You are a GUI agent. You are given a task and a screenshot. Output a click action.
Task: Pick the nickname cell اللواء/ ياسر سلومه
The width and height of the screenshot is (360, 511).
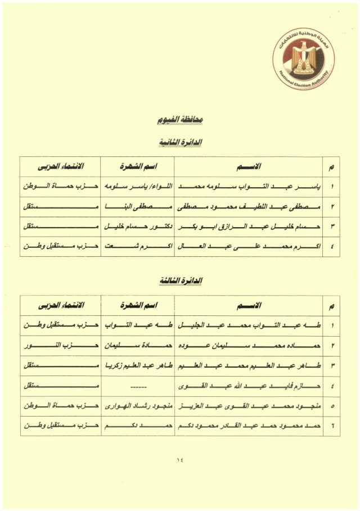[x=137, y=186]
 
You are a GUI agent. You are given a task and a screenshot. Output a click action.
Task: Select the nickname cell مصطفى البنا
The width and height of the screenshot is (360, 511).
[x=137, y=206]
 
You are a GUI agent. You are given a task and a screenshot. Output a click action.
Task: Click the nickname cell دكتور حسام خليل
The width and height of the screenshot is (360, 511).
[x=137, y=227]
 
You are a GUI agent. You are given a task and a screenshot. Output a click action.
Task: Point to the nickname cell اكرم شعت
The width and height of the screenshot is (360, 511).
[x=137, y=246]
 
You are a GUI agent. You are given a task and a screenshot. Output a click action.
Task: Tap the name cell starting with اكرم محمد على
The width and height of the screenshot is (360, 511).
[x=249, y=246]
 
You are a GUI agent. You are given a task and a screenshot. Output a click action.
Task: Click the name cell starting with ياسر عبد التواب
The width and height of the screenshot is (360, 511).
[x=249, y=186]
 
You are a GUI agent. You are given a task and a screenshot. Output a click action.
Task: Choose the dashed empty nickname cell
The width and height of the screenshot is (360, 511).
[x=137, y=386]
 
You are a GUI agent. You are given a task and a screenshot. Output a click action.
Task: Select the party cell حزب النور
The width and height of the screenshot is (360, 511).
[x=61, y=345]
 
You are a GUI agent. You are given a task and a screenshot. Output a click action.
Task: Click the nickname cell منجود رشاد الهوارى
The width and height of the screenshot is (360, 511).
[x=137, y=406]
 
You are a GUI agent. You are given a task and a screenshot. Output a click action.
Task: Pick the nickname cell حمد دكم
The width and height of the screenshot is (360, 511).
[x=137, y=426]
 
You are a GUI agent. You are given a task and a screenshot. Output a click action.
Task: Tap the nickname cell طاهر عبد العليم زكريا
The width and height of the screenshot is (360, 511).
[x=137, y=366]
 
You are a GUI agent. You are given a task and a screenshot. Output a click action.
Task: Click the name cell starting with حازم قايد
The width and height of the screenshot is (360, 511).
[x=249, y=386]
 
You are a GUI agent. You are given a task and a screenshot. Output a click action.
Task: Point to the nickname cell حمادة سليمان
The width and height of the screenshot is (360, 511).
[x=137, y=345]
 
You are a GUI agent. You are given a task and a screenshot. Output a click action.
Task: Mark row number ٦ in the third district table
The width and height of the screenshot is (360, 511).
[x=332, y=426]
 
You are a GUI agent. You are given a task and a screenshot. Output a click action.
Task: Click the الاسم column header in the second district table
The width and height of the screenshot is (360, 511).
[x=249, y=166]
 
